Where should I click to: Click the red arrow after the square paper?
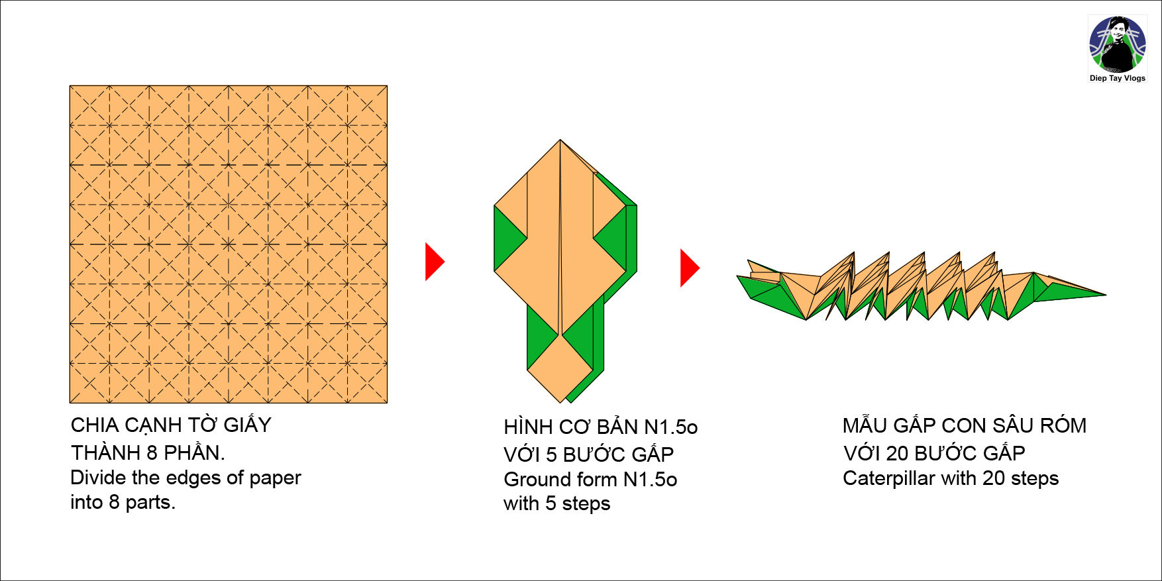point(433,262)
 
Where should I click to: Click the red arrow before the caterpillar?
point(688,268)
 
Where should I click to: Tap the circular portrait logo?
point(1118,44)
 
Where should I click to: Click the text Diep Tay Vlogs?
point(1118,78)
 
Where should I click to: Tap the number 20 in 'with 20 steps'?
point(994,478)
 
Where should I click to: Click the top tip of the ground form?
point(560,141)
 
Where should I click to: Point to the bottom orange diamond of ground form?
point(560,368)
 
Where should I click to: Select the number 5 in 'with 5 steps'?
point(551,503)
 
